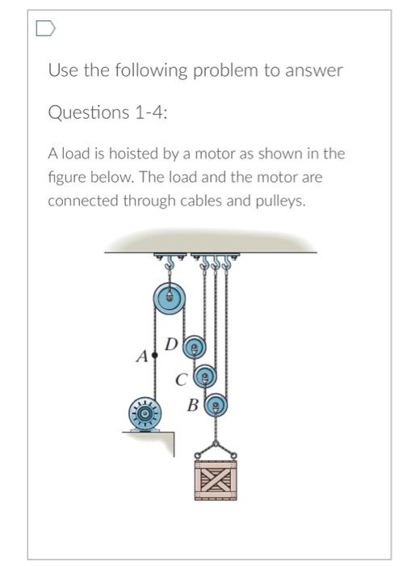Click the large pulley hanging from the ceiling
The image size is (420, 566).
tap(170, 298)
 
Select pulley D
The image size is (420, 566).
tap(194, 349)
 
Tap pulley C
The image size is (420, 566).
tap(208, 377)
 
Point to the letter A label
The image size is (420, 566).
tap(142, 356)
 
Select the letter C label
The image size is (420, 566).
tap(183, 378)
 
